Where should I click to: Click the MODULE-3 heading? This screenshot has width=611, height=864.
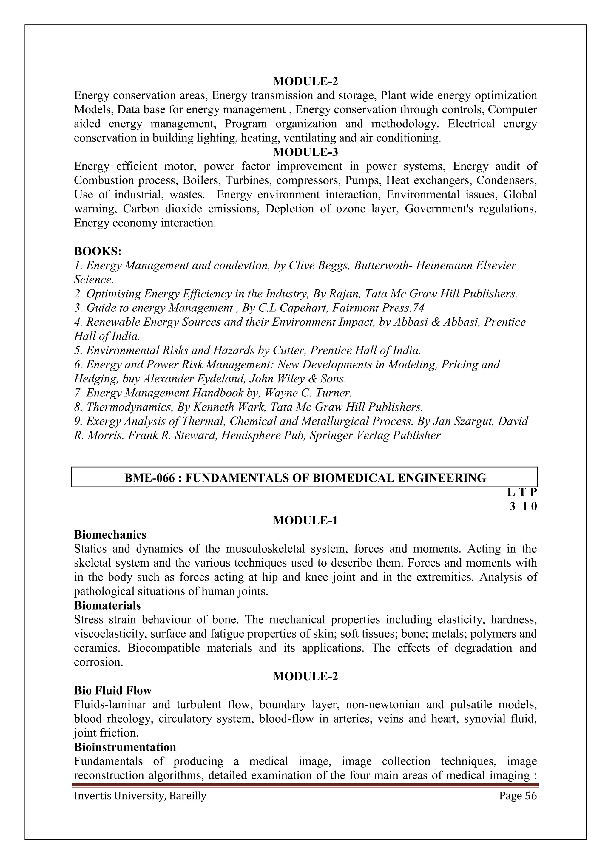click(x=305, y=152)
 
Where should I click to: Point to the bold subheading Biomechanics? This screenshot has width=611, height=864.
click(x=110, y=534)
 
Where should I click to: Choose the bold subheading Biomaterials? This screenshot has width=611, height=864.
click(x=107, y=605)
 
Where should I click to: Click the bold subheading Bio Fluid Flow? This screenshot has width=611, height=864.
click(x=112, y=691)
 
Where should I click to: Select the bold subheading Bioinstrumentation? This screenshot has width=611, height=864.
click(x=125, y=747)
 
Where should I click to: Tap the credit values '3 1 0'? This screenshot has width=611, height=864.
click(x=523, y=507)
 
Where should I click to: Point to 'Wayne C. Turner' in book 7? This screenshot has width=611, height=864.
click(x=308, y=393)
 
